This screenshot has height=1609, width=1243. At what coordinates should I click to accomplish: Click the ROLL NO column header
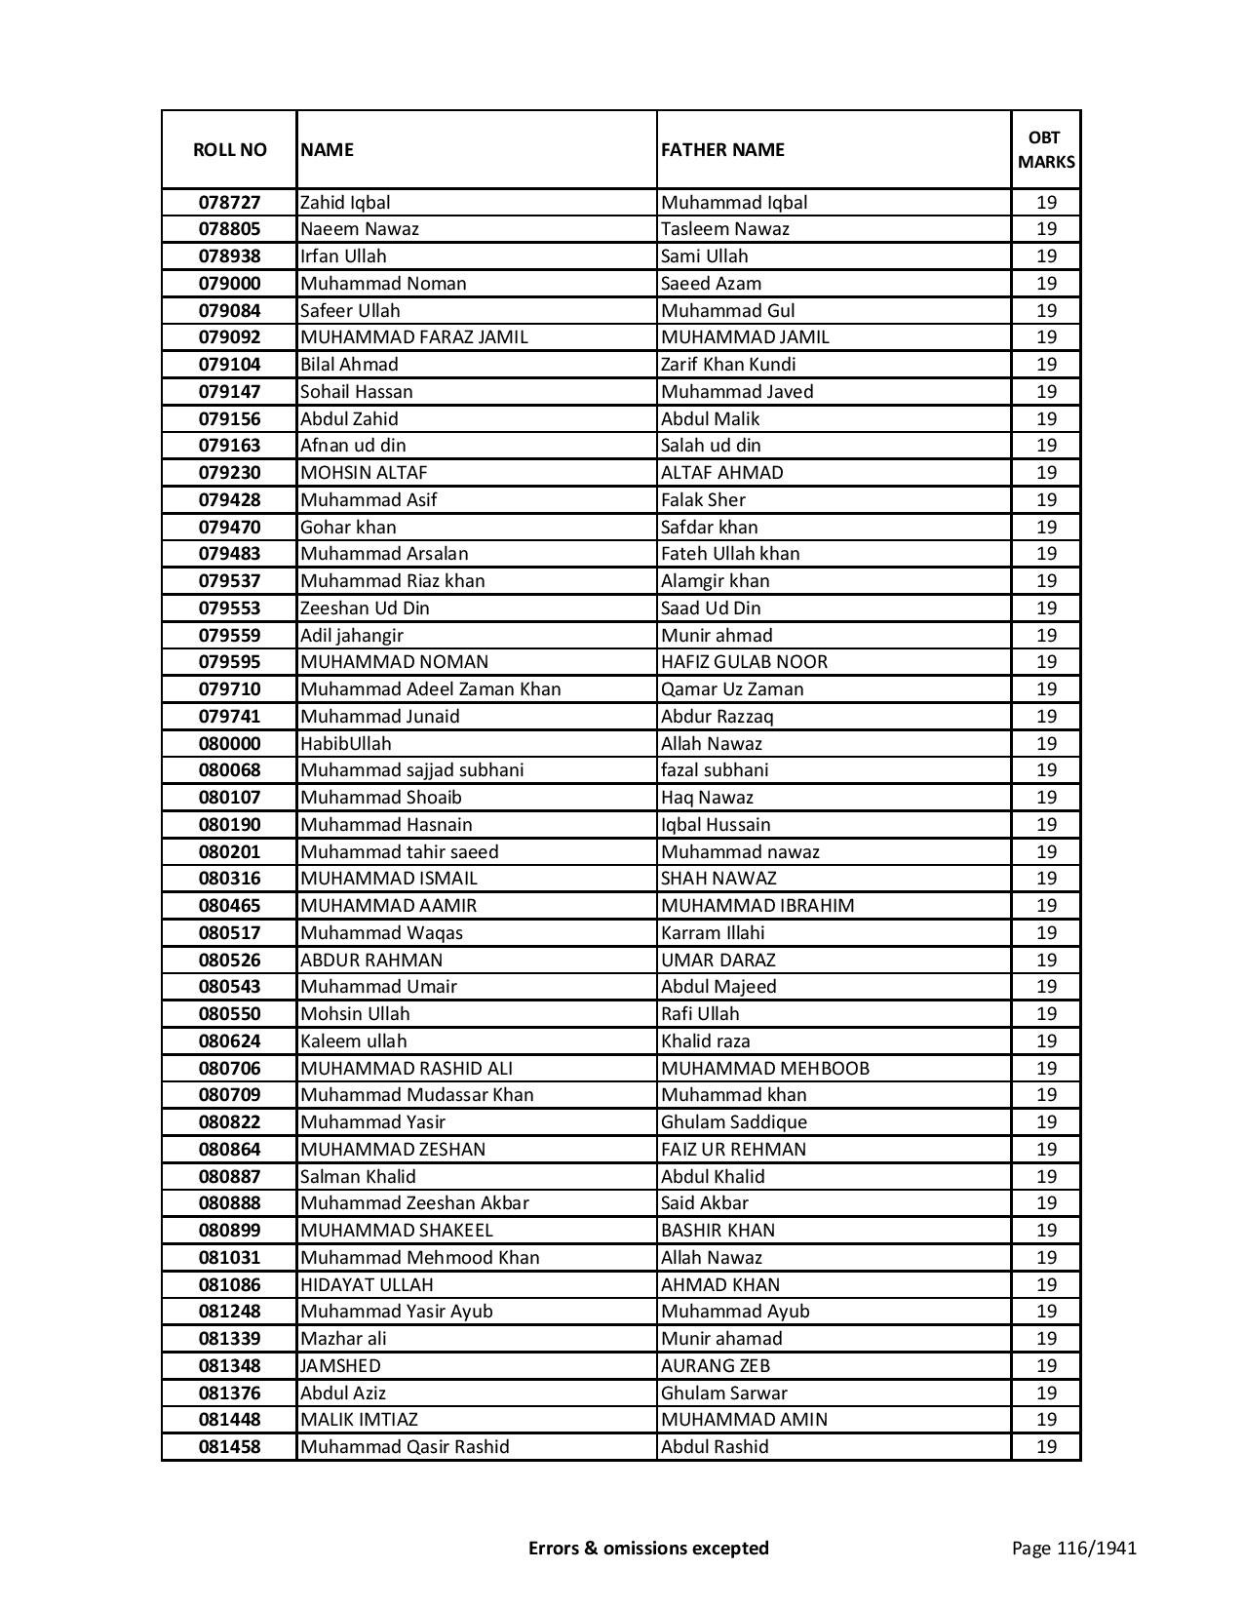click(229, 149)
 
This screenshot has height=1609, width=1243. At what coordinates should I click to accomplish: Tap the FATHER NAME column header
click(722, 149)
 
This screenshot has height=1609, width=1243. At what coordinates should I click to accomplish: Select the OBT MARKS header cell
click(1046, 149)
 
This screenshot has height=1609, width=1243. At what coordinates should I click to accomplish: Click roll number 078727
click(229, 203)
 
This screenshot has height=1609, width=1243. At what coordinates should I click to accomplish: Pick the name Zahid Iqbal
click(345, 203)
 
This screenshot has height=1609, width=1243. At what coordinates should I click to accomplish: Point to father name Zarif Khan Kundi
click(727, 365)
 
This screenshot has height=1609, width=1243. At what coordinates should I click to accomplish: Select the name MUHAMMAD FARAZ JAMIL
click(413, 337)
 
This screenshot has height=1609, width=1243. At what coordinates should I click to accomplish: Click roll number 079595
click(229, 662)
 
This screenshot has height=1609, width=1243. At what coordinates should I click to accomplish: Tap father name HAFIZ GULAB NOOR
click(744, 662)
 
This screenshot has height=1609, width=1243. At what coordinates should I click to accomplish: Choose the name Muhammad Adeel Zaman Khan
click(430, 689)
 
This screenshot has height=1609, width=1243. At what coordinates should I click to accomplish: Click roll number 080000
click(229, 744)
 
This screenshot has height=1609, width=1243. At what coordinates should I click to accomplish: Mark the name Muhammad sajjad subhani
click(411, 770)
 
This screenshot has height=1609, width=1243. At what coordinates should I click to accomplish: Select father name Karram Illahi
click(713, 933)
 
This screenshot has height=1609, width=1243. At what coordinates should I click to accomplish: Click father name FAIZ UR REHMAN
click(733, 1150)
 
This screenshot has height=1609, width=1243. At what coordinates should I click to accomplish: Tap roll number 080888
click(229, 1203)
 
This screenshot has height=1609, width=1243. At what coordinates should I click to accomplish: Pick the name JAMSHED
click(340, 1366)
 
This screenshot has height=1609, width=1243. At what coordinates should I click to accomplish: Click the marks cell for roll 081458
click(1046, 1447)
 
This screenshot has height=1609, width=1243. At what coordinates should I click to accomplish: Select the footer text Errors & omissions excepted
click(648, 1548)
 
